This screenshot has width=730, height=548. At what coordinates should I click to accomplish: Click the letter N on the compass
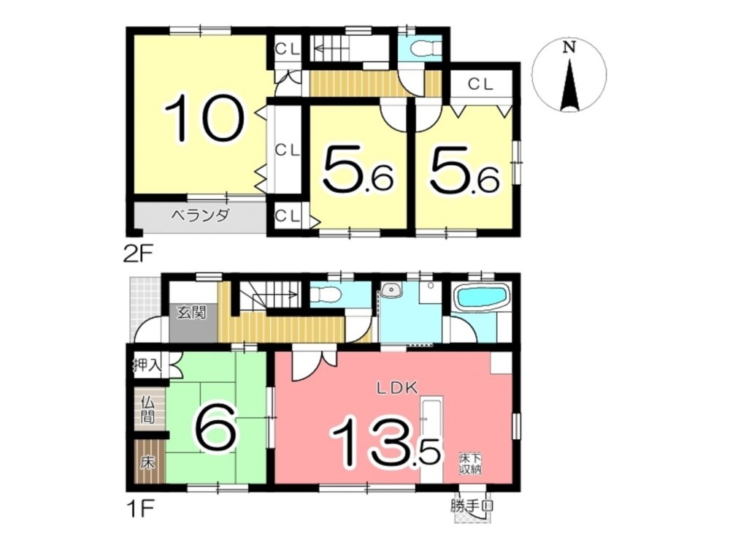coord(569,47)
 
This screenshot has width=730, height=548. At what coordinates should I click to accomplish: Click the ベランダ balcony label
coord(200,216)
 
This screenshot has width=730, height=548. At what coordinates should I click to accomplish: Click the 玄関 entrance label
coord(191,312)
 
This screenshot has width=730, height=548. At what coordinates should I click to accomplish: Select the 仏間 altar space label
coord(148,409)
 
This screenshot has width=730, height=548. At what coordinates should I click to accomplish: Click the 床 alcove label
coord(148,464)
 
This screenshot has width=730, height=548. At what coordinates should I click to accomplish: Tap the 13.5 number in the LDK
coord(384,444)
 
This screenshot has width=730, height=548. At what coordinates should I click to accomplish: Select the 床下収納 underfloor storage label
coord(471,463)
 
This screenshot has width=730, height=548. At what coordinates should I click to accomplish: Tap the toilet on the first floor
coord(326,294)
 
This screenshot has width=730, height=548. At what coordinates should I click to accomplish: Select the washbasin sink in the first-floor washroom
coord(391,290)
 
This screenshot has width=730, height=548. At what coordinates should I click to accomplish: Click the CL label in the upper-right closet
coord(480,84)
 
